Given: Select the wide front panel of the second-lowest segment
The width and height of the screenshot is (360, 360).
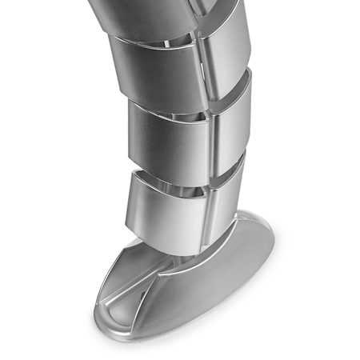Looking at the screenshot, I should point(168,136).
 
